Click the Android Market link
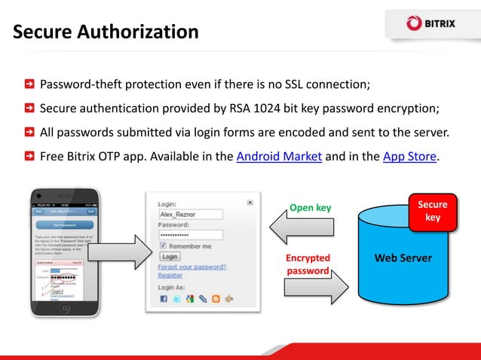click(279, 157)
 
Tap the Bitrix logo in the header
click(432, 24)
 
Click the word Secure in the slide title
click(44, 32)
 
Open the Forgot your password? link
click(192, 266)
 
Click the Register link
click(170, 276)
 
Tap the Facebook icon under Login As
click(164, 299)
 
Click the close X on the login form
click(250, 202)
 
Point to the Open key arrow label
click(310, 207)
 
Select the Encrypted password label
click(309, 264)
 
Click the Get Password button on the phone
click(64, 224)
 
